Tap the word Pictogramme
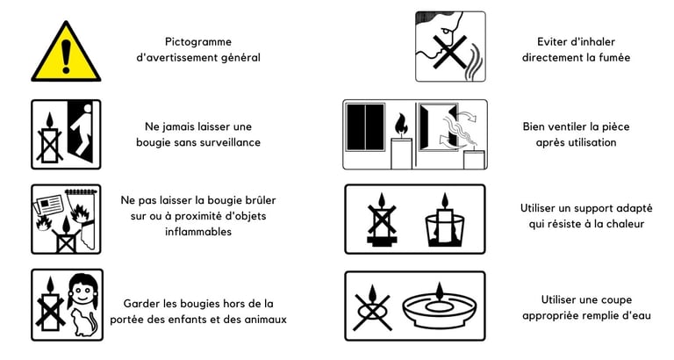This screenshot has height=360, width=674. (x=198, y=42)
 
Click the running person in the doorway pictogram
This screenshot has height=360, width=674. (x=82, y=128)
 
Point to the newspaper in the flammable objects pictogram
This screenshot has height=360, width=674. (x=48, y=205)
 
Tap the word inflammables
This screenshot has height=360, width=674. (x=198, y=232)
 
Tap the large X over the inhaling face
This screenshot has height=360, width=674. (x=449, y=52)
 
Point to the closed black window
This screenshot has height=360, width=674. (x=365, y=126)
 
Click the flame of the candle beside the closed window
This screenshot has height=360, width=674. (x=400, y=125)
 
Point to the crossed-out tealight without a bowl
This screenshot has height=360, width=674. (x=372, y=306)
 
